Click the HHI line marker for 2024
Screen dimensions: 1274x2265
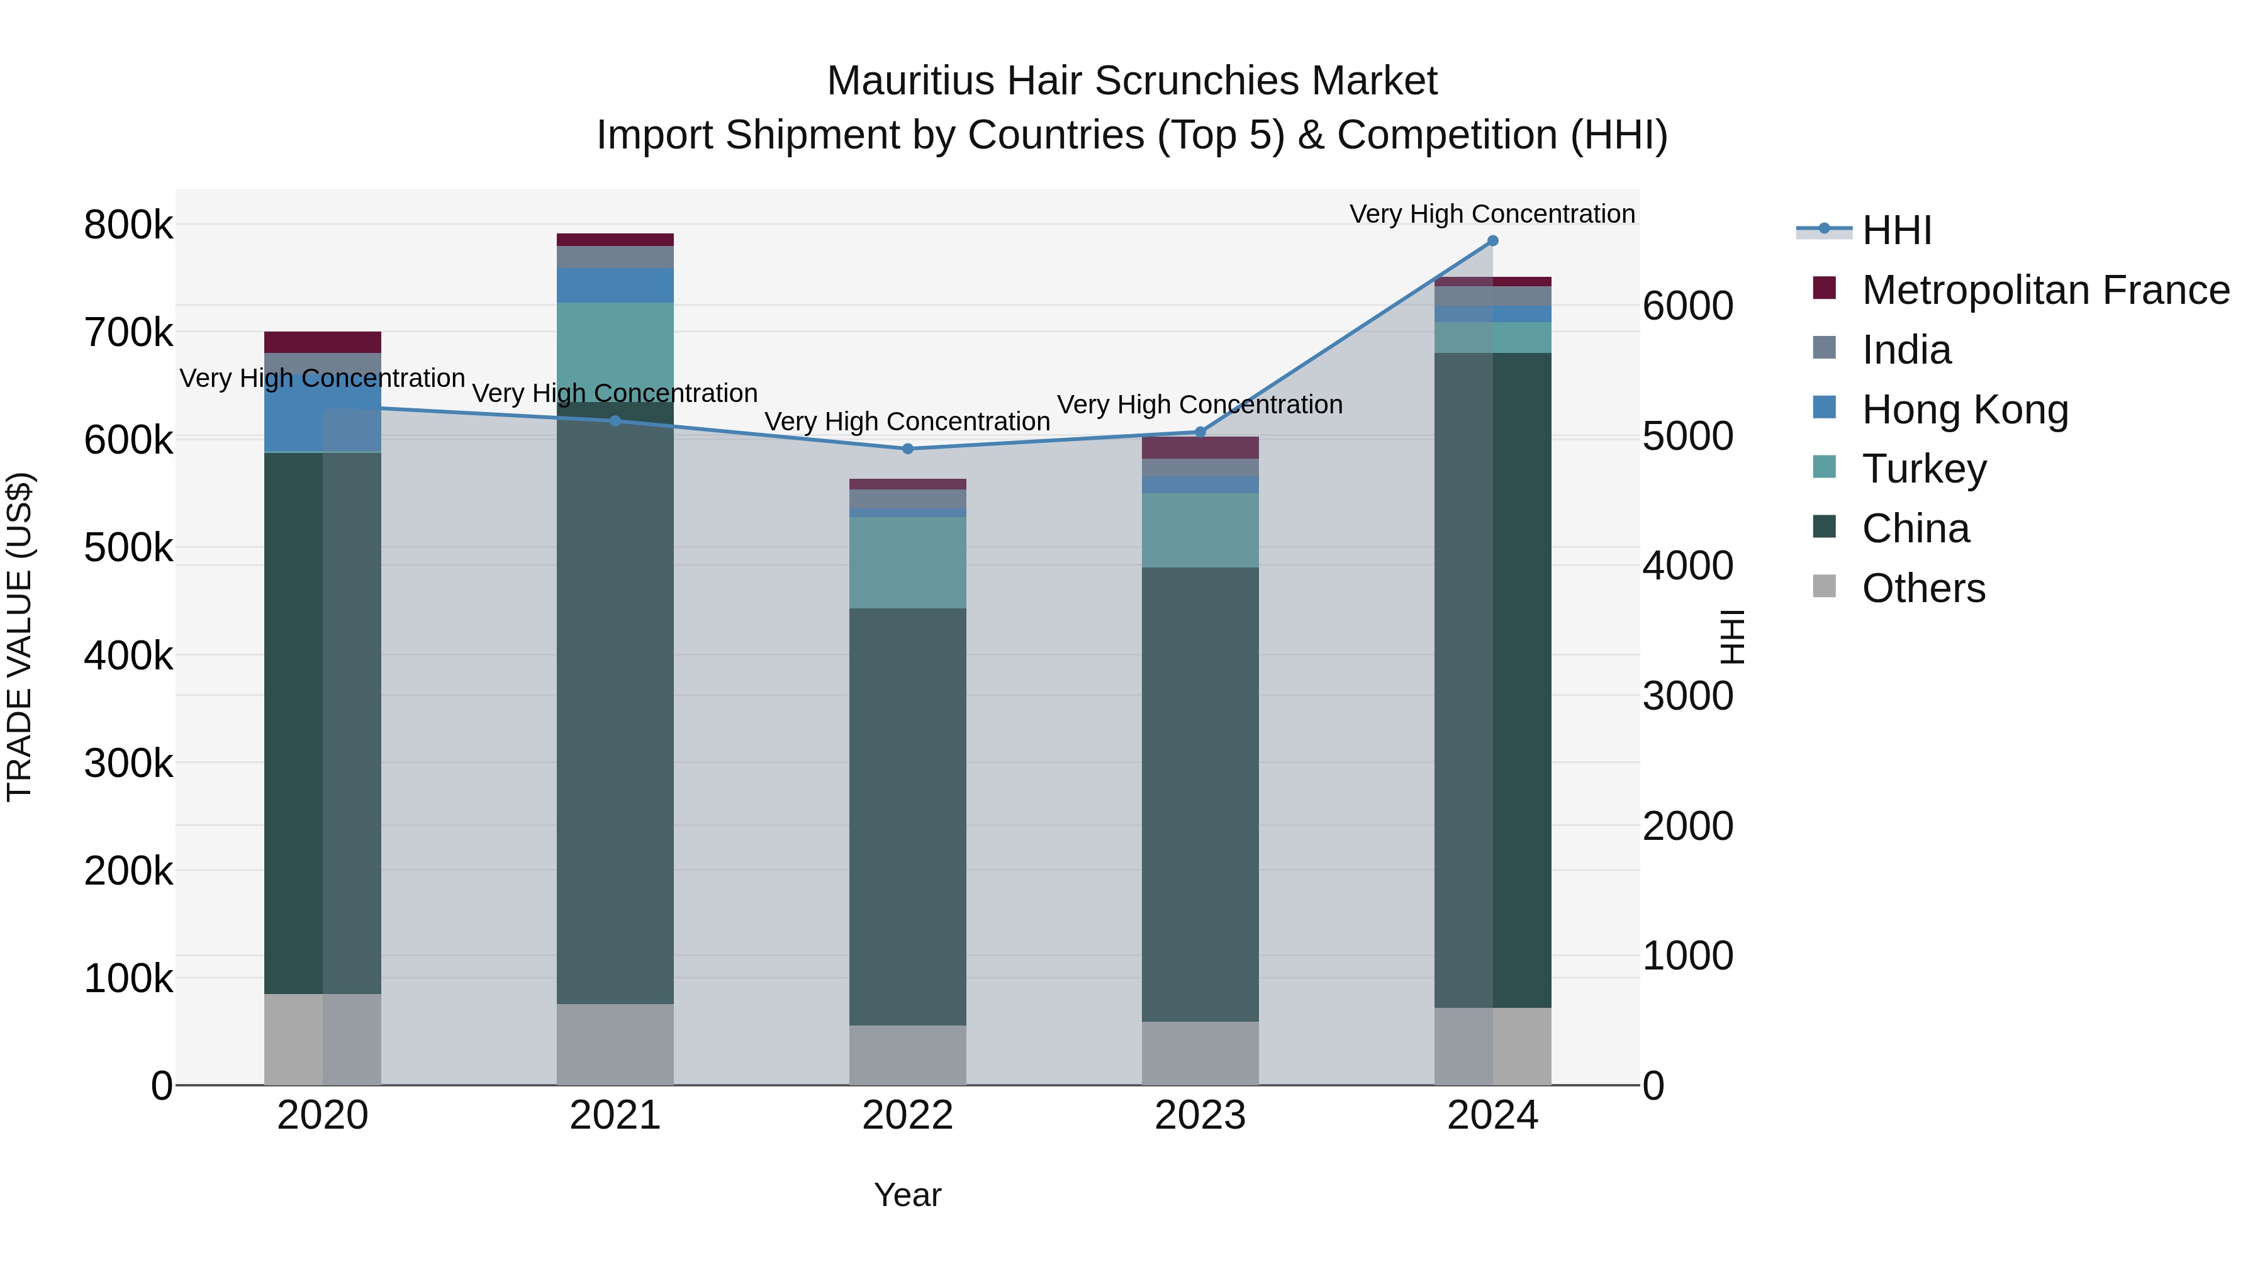(x=1492, y=241)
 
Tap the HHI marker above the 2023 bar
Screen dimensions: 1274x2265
(x=1200, y=432)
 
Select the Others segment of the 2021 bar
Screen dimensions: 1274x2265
(x=615, y=1044)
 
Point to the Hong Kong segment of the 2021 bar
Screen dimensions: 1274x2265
(x=615, y=286)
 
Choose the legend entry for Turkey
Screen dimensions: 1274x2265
(x=1924, y=469)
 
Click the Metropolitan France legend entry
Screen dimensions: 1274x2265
(x=2045, y=290)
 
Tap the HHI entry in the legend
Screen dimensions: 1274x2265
(x=1896, y=230)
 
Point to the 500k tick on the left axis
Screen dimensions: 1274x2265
(x=128, y=548)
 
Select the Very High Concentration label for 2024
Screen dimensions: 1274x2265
(x=1492, y=214)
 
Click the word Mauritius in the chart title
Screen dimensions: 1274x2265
(x=911, y=81)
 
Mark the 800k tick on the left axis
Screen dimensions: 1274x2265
(x=128, y=225)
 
